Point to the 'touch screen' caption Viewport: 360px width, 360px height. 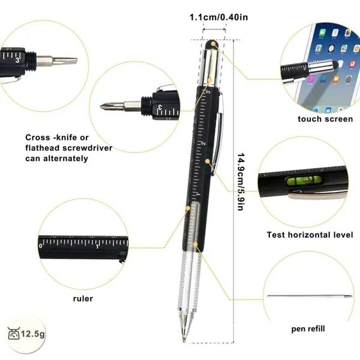point(325,119)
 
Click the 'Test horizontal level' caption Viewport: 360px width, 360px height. point(310,235)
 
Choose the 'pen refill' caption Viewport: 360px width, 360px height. point(308,328)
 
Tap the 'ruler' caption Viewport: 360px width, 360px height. point(83,298)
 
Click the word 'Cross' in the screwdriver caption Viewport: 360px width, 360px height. point(38,137)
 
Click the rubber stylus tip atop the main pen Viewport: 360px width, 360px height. point(213,44)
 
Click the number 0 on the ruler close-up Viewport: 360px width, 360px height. point(41,246)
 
